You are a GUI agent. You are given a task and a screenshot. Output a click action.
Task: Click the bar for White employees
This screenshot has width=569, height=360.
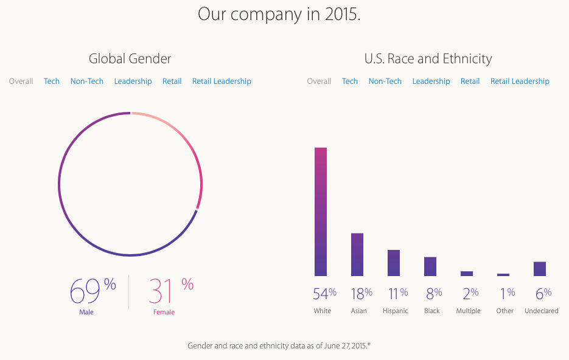pos(321,212)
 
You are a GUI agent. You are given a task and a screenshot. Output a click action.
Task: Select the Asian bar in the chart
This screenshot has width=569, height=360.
pos(357,254)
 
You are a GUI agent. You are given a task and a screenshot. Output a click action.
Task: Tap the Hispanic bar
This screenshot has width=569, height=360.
pos(394,263)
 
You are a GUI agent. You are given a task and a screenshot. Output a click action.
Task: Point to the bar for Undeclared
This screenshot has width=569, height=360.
pos(540,269)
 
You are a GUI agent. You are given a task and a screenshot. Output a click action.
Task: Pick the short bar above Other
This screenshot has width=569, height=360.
pos(503,275)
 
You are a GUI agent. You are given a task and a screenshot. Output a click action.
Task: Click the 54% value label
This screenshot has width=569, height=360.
pos(324,294)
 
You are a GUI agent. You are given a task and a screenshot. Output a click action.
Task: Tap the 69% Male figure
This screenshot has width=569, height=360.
pos(92,291)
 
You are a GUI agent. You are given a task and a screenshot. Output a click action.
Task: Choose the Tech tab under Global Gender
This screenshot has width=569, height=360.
pos(52,81)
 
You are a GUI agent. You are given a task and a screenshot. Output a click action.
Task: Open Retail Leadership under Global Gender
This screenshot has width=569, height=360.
pos(222,81)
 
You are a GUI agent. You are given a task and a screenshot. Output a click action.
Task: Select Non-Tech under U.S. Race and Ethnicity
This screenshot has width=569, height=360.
pos(385,81)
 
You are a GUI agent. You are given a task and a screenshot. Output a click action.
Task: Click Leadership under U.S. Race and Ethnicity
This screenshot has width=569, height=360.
pos(431,81)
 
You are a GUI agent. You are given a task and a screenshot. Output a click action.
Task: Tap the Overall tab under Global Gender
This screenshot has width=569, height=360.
pos(21,81)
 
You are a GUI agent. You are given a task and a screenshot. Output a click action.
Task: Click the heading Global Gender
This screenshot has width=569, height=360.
pos(130,59)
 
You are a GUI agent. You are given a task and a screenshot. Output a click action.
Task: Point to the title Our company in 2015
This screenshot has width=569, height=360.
pos(279,14)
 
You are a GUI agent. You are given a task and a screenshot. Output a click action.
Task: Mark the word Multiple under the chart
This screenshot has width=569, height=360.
pos(469,311)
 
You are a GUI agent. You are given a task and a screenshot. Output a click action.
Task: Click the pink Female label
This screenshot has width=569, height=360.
pos(164,312)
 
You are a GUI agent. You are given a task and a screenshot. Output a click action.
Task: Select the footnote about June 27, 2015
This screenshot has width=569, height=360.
pos(279,345)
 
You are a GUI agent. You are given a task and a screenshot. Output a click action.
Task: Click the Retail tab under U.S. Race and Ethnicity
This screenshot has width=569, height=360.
pos(470,81)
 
